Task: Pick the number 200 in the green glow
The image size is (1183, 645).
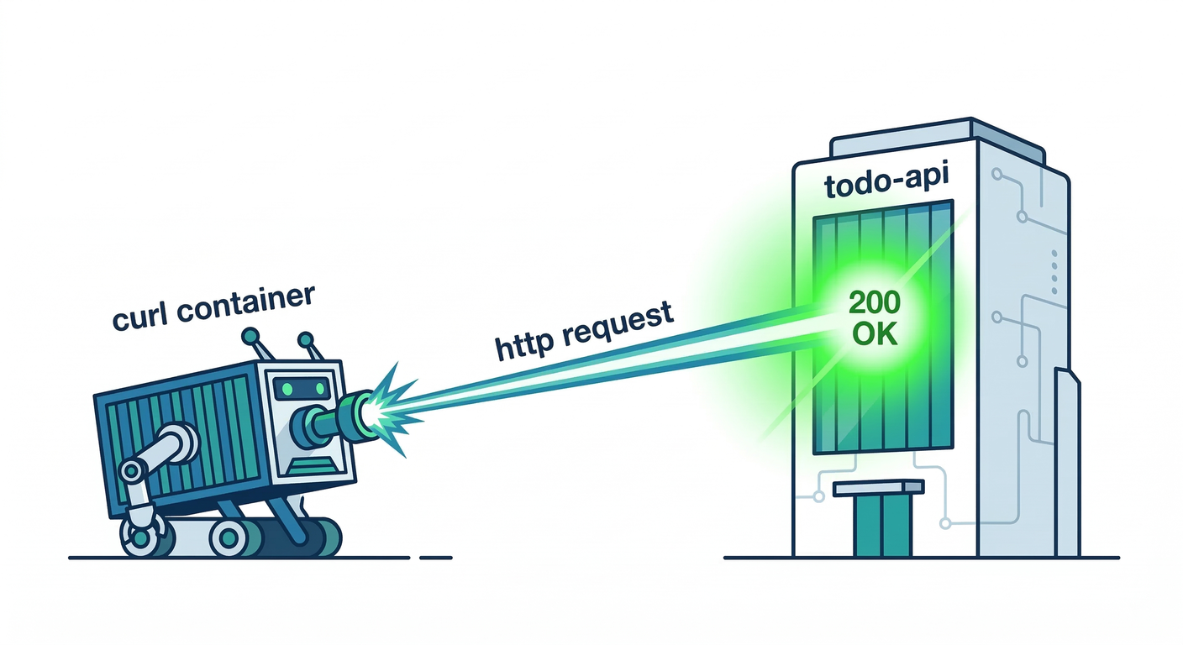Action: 874,302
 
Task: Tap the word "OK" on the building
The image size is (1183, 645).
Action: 874,334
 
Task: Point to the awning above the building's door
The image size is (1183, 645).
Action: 877,487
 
